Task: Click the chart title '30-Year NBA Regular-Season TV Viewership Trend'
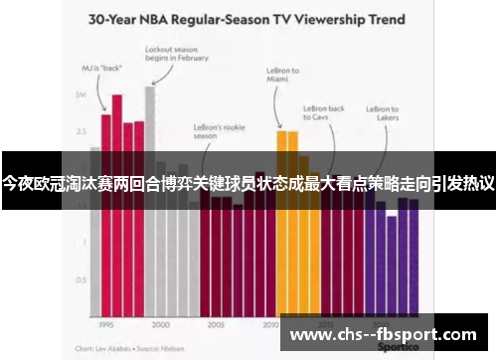pos(248,18)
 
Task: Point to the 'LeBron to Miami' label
pos(283,77)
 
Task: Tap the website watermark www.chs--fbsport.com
pos(382,335)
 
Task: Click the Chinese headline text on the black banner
pos(248,184)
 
